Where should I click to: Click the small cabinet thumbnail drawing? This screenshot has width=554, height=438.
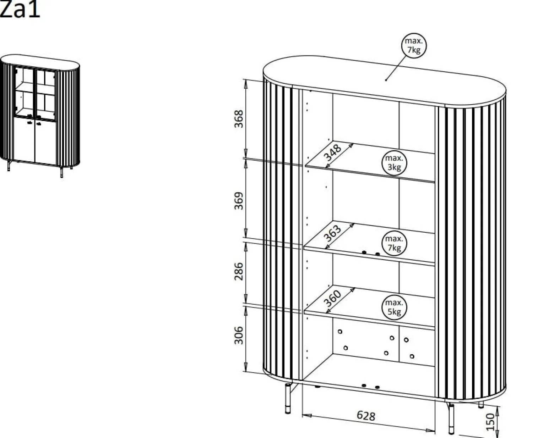click(40, 116)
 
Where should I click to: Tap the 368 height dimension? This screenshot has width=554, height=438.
click(239, 119)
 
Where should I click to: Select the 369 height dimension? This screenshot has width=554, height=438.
click(239, 201)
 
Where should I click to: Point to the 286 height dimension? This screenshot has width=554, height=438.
click(239, 271)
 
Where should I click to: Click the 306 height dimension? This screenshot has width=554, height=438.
click(239, 336)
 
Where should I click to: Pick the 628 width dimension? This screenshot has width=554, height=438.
click(366, 416)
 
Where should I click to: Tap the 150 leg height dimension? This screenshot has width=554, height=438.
click(490, 422)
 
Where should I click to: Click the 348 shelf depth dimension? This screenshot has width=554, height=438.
click(332, 153)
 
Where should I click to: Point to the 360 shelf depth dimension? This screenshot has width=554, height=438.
click(332, 298)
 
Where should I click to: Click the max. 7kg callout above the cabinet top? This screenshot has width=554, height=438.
click(414, 45)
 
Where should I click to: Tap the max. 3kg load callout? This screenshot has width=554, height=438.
click(394, 163)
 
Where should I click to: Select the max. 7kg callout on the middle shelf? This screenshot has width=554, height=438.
click(394, 243)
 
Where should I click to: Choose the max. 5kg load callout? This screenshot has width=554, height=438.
click(394, 307)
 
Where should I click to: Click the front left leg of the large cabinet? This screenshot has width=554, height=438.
click(288, 398)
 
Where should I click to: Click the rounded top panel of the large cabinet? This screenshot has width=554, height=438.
click(385, 81)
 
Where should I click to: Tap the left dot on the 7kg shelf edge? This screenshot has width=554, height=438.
click(364, 253)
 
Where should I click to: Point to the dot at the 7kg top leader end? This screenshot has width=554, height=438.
click(386, 80)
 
